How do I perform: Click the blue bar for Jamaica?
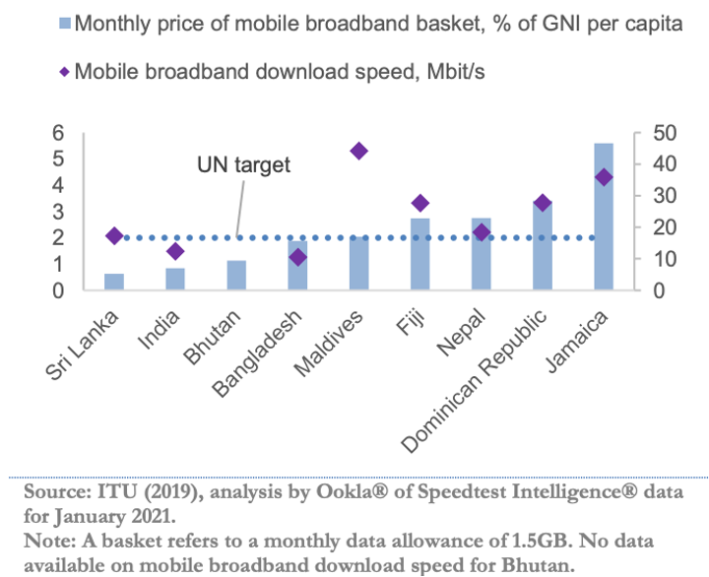coord(604,217)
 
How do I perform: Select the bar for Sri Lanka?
coord(114,282)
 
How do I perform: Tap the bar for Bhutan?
coord(236,275)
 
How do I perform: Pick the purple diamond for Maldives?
coord(359,151)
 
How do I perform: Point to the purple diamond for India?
coord(175,251)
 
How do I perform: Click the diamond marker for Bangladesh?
coord(298,257)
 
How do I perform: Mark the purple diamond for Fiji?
coord(420,203)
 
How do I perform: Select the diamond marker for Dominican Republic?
coord(543,203)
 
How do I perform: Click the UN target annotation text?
coord(244,165)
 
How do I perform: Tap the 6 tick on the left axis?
coord(58,133)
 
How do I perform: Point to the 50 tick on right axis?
coord(665,133)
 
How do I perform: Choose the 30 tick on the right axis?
coord(665,196)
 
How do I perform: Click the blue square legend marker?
coord(65,24)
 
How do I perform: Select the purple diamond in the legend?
coord(65,72)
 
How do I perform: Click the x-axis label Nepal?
coord(462,333)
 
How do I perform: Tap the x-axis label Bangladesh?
coord(257,354)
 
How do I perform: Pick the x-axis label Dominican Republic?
coord(475,381)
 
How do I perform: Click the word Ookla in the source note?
coord(352,491)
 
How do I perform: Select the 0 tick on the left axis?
coord(58,290)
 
